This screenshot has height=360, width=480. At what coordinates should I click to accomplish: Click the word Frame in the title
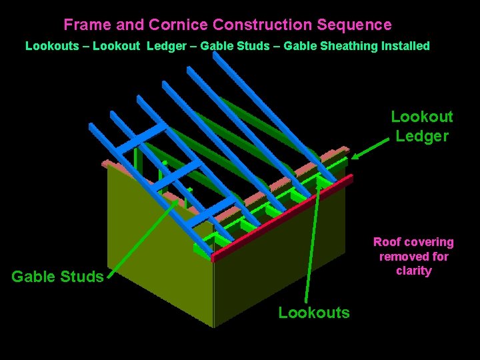pyautogui.click(x=87, y=25)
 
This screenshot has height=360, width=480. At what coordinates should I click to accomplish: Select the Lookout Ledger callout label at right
pyautogui.click(x=421, y=126)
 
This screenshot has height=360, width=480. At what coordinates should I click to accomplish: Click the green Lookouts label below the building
pyautogui.click(x=313, y=313)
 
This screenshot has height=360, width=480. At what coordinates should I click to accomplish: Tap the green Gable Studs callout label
pyautogui.click(x=57, y=276)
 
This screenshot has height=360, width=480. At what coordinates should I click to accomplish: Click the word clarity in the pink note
pyautogui.click(x=413, y=271)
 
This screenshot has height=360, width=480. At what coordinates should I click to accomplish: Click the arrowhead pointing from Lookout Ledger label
pyautogui.click(x=356, y=157)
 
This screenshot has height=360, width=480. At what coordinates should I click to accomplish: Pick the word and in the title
pyautogui.click(x=130, y=25)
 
